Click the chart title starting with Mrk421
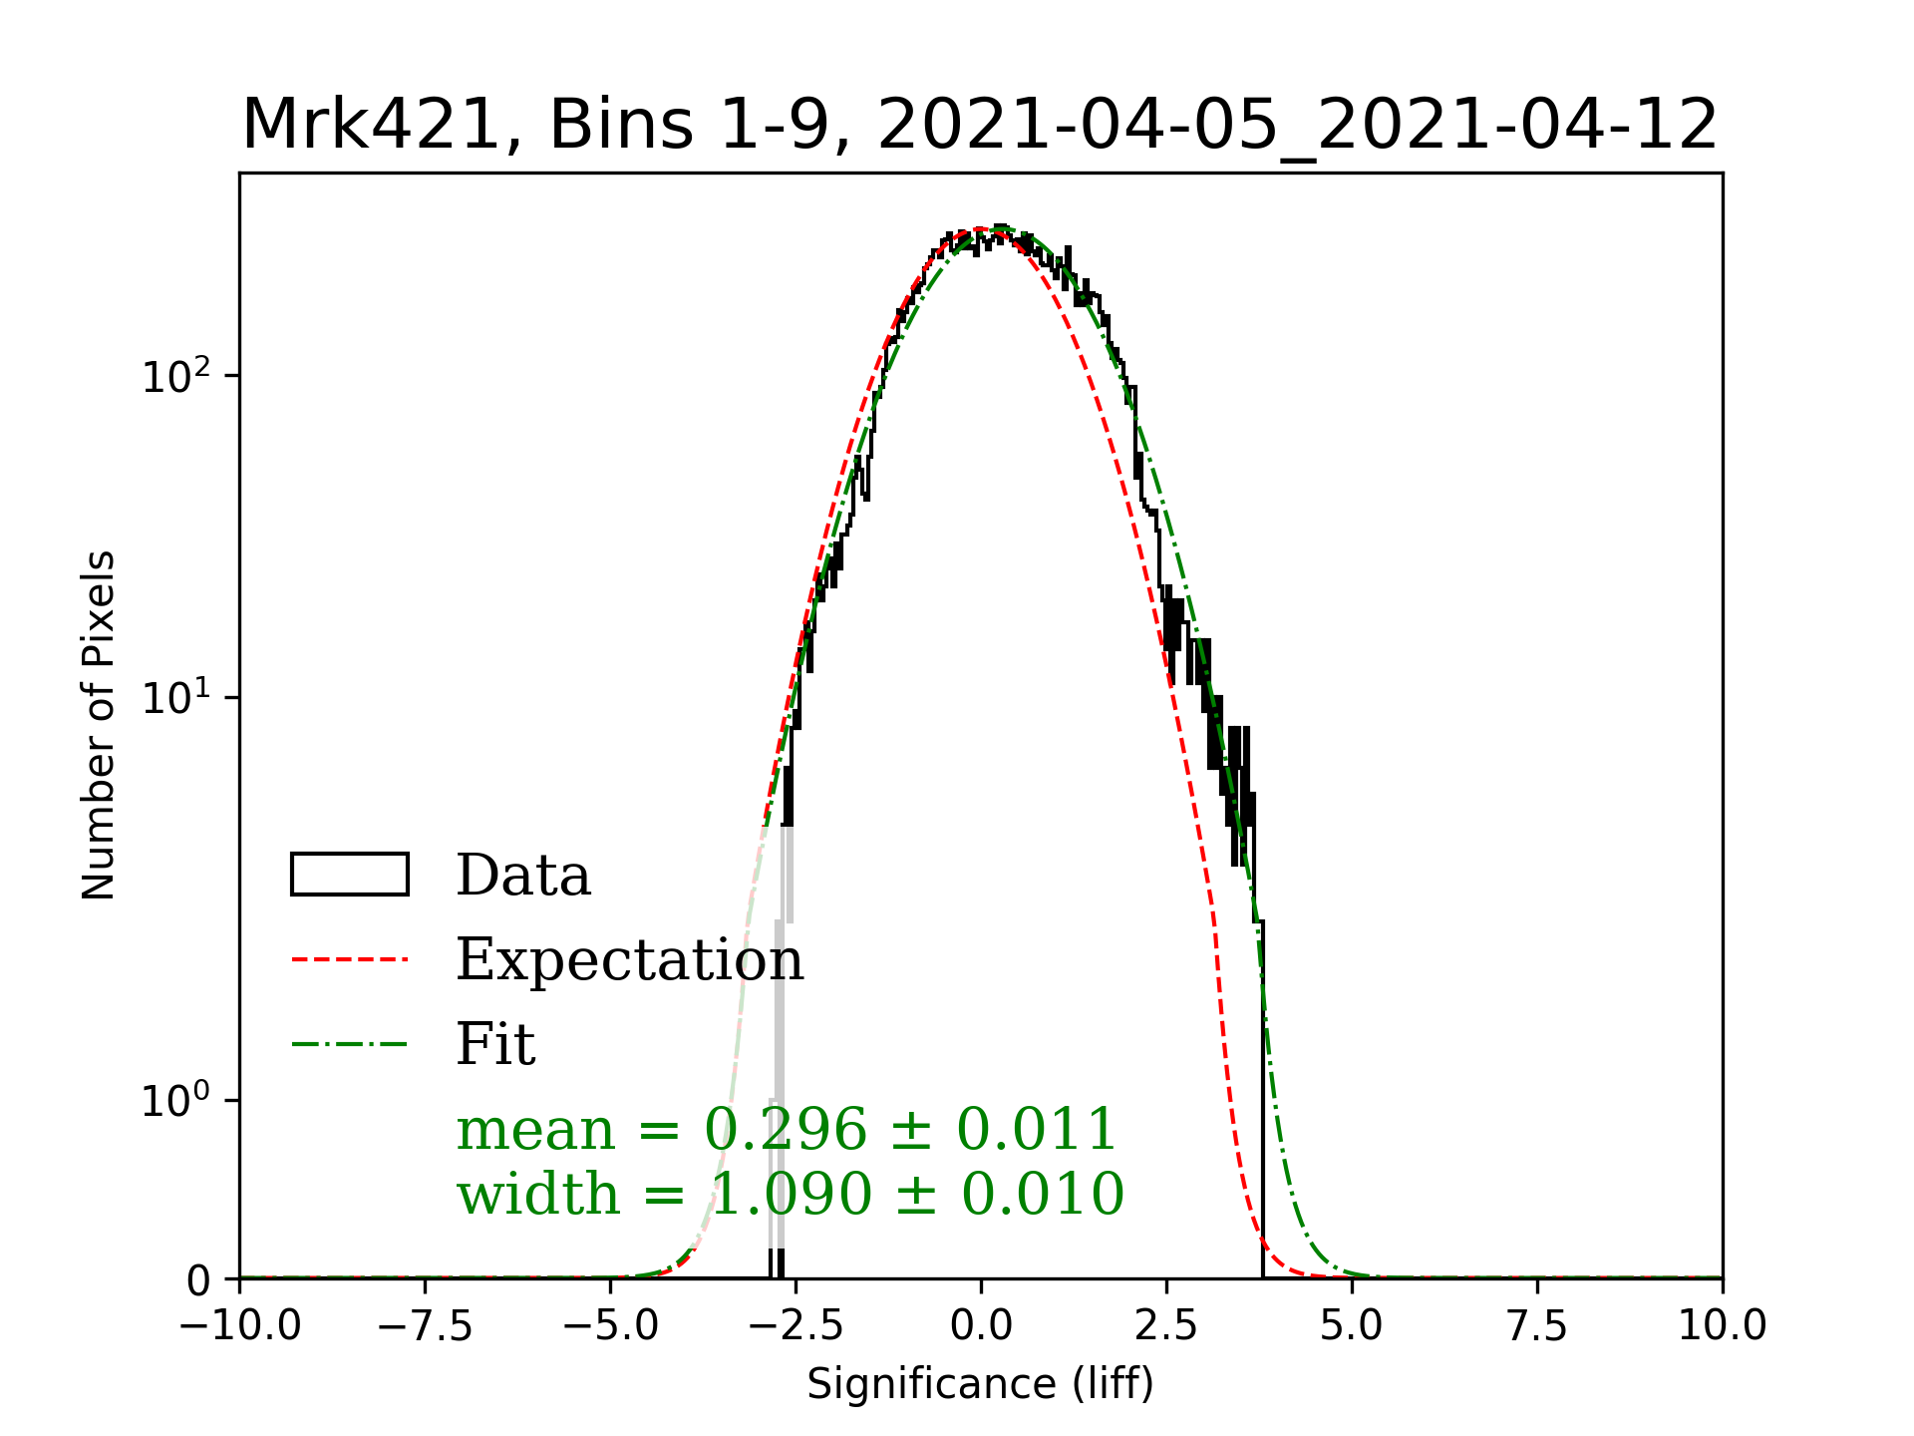coord(980,126)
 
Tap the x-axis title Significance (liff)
coord(980,1384)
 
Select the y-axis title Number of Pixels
coord(99,725)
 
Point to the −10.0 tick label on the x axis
coord(240,1326)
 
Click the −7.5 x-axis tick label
coord(426,1326)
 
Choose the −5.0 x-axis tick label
coord(611,1326)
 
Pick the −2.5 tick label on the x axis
coord(796,1326)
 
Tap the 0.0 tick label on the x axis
coord(981,1326)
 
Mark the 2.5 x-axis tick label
coord(1166,1326)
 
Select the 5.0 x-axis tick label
coord(1352,1326)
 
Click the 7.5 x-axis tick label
coord(1537,1326)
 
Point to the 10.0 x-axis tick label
coord(1722,1326)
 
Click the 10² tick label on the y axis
coord(176,376)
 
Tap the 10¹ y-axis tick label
coord(176,698)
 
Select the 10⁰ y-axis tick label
coord(176,1101)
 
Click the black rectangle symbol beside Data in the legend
coord(350,875)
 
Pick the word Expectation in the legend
coord(629,959)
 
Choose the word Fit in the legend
coord(495,1044)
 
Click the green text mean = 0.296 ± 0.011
coord(786,1129)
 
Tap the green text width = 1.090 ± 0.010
coord(790,1194)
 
